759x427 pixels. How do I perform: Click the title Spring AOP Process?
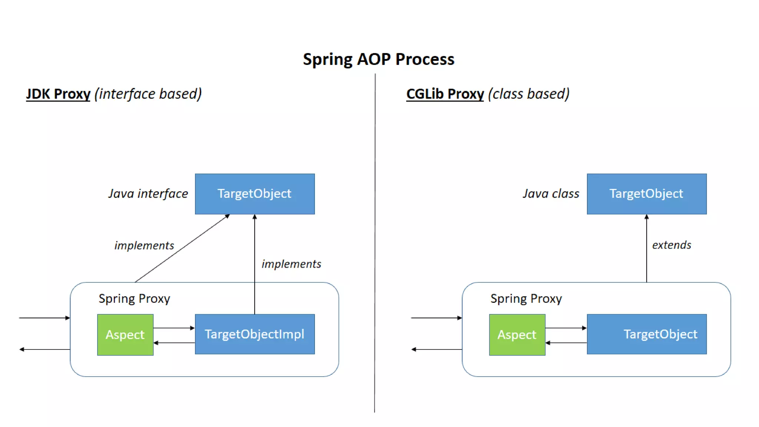tap(378, 59)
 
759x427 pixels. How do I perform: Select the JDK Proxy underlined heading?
tap(58, 94)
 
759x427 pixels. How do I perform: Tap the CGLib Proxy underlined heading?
tap(445, 94)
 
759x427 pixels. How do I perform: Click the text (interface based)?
tap(148, 94)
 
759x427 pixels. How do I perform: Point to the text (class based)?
tap(528, 94)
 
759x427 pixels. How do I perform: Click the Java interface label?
tap(148, 193)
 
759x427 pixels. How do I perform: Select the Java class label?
tap(551, 193)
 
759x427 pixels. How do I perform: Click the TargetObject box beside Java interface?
tap(255, 193)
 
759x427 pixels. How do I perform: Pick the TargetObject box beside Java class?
tap(646, 193)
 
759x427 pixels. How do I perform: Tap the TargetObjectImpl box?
tap(255, 334)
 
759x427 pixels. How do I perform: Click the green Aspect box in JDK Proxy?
tap(125, 335)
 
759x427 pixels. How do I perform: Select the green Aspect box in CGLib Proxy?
tap(517, 335)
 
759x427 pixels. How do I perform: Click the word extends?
tap(672, 245)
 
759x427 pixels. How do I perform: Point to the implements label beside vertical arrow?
tap(291, 264)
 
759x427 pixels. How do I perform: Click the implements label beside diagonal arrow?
tap(144, 245)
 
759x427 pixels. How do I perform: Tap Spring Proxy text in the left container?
tap(134, 298)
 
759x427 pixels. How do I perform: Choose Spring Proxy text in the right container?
tap(526, 298)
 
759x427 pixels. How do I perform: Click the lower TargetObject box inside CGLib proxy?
tap(646, 334)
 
